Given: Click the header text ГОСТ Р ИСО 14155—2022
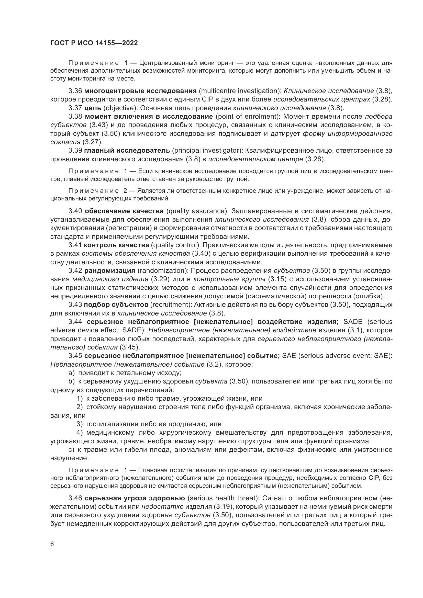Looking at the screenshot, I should point(94,43).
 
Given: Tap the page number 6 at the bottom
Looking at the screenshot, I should point(52,544).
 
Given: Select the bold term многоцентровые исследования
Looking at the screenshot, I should point(140,91).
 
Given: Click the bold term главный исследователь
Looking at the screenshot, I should point(127,150).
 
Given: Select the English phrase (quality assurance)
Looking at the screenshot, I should point(197,211).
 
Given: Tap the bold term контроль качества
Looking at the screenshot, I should point(117,245).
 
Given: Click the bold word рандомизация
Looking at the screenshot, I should point(110,270).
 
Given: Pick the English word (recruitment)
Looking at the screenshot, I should point(171,304).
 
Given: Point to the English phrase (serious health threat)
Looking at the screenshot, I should point(223,498).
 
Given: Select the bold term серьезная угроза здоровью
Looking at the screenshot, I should point(135,498).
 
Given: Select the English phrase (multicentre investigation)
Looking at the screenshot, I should point(239,91).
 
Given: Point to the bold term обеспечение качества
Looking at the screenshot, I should point(124,211).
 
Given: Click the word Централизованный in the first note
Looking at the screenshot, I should point(168,63).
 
